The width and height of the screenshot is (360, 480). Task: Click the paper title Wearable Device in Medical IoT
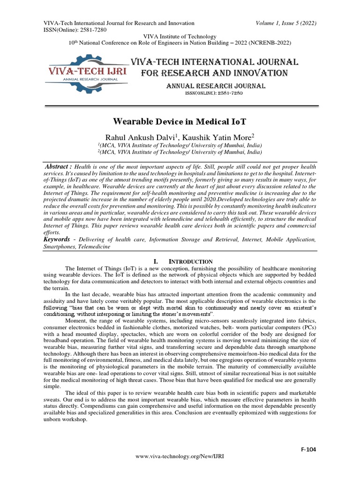point(180,120)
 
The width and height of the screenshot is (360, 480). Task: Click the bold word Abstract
point(59,167)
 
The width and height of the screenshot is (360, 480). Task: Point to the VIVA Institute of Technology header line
point(180,37)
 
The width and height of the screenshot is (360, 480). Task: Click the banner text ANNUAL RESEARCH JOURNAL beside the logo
point(216,86)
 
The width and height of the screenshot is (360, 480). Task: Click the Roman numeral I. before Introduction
point(157,261)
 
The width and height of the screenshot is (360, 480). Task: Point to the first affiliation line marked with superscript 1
point(180,145)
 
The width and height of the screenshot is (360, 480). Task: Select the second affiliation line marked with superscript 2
point(180,152)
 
